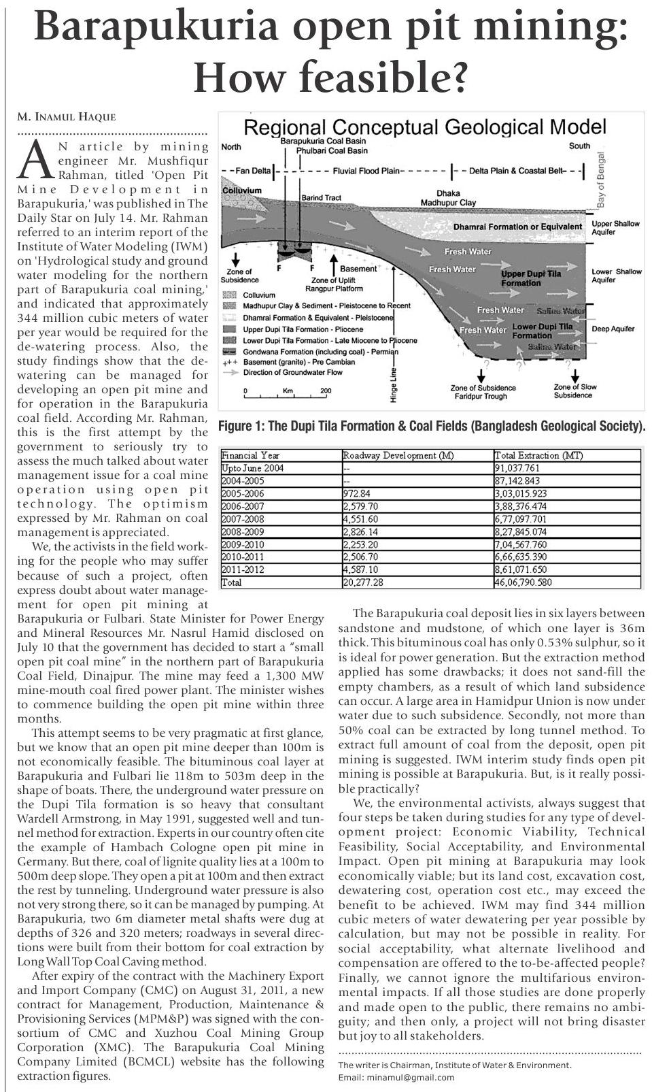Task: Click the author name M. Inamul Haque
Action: click(67, 117)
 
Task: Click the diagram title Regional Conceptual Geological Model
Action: click(424, 127)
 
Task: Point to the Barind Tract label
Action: click(321, 197)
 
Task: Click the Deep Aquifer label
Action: click(613, 329)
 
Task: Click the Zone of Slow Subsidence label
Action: click(575, 391)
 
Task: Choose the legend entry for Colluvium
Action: click(258, 295)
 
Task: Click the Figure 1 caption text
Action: click(431, 427)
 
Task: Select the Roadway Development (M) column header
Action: click(398, 455)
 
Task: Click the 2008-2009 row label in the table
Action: click(243, 531)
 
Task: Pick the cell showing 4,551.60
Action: click(360, 519)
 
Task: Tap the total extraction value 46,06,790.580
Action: click(524, 582)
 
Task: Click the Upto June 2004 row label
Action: click(252, 468)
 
